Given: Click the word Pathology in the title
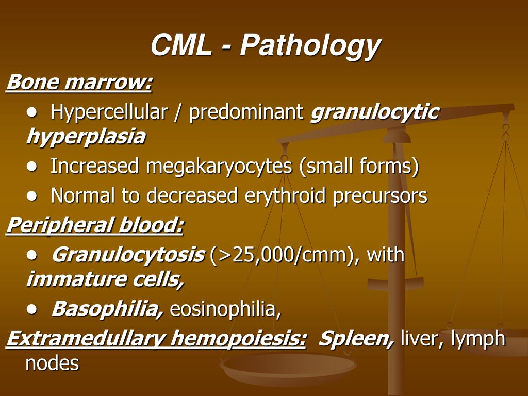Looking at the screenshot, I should coord(310,46).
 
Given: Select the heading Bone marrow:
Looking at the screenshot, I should coord(79,82).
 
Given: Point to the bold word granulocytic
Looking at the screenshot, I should coord(374,112).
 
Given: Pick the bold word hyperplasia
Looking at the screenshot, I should coord(86,137).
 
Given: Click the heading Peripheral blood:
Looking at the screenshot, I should coord(95,225).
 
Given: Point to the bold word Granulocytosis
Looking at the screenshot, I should coord(128,255).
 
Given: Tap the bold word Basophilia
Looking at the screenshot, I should coord(107,309).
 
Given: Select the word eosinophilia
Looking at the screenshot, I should coord(225,309).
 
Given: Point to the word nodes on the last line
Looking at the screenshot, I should coord(52,364).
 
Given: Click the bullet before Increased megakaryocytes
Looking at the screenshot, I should coord(34,167).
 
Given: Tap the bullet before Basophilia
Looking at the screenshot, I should coord(34,309).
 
